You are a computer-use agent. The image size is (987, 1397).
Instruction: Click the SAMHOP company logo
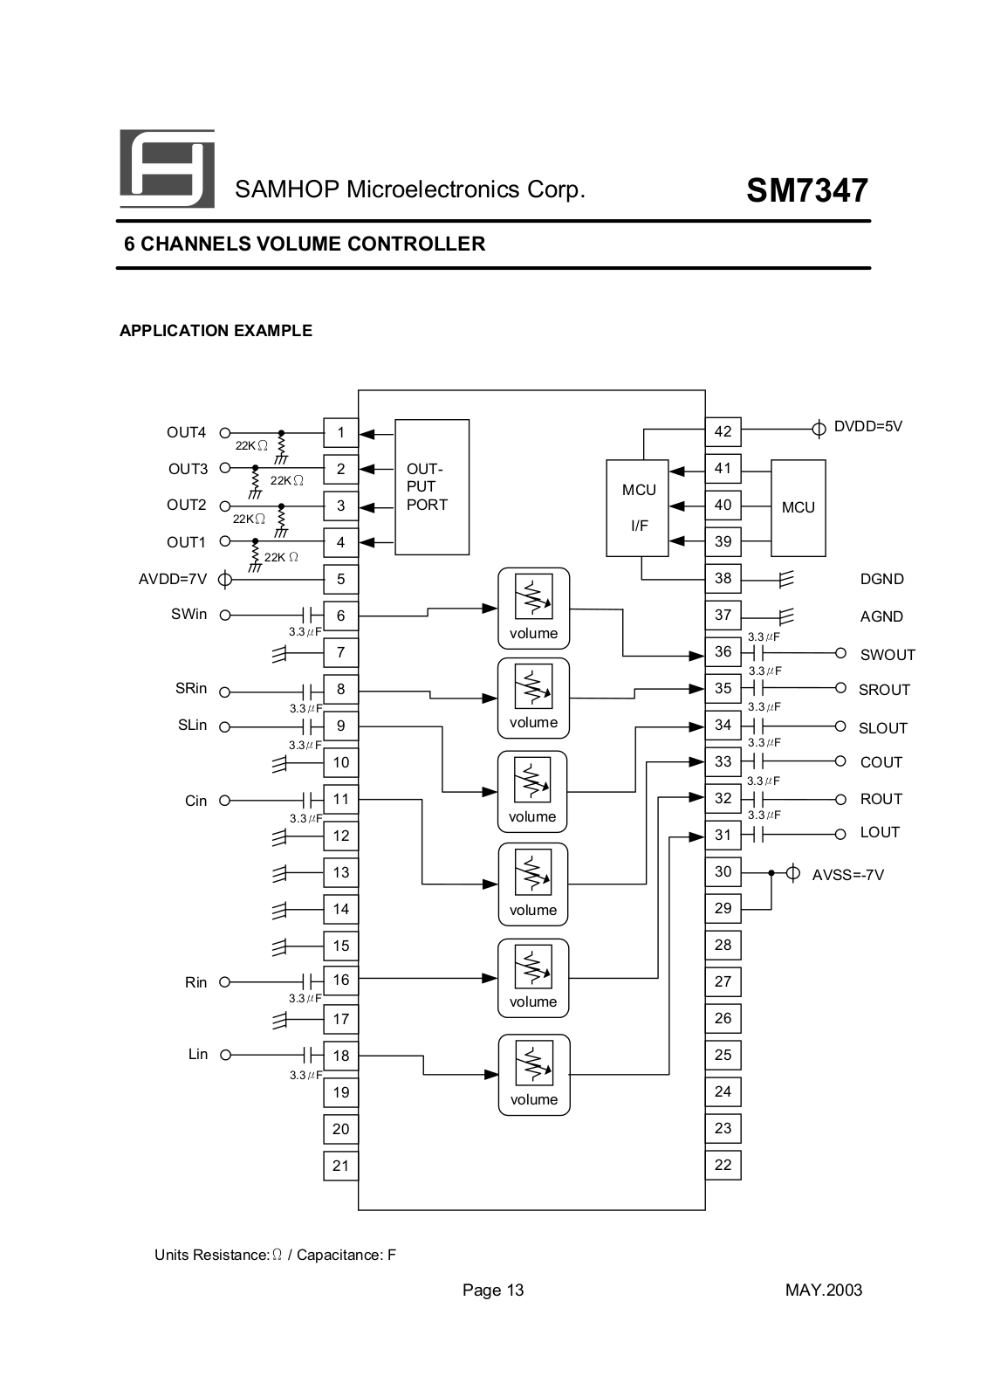tap(167, 169)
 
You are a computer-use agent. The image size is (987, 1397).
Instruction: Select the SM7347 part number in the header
tap(807, 190)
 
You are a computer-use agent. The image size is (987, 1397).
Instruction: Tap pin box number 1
tap(340, 432)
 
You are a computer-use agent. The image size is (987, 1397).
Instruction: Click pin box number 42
tap(723, 431)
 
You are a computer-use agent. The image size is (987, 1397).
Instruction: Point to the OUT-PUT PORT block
tap(432, 487)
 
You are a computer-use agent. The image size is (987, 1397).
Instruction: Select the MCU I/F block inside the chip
tap(637, 507)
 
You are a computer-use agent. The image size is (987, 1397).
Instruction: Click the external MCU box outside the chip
tap(799, 507)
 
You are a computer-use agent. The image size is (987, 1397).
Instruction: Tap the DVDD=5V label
tap(868, 427)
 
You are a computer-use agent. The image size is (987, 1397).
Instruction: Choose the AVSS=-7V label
tap(848, 875)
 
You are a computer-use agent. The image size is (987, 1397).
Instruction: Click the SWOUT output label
tap(888, 655)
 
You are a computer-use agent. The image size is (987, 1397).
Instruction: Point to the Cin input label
tap(195, 801)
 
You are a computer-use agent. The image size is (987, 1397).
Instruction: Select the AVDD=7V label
tap(173, 580)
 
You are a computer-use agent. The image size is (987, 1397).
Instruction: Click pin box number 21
tap(340, 1166)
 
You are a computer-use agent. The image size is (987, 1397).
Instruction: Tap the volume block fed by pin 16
tap(533, 979)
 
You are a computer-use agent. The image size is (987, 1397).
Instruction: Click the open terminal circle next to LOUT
tap(840, 835)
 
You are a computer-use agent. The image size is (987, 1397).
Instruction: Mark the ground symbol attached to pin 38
tap(786, 580)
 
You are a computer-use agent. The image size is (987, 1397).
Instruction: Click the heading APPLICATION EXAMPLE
tap(216, 331)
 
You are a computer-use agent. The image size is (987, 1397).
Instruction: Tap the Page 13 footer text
tap(493, 1290)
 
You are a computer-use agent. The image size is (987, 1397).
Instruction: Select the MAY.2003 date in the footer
tap(824, 1290)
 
